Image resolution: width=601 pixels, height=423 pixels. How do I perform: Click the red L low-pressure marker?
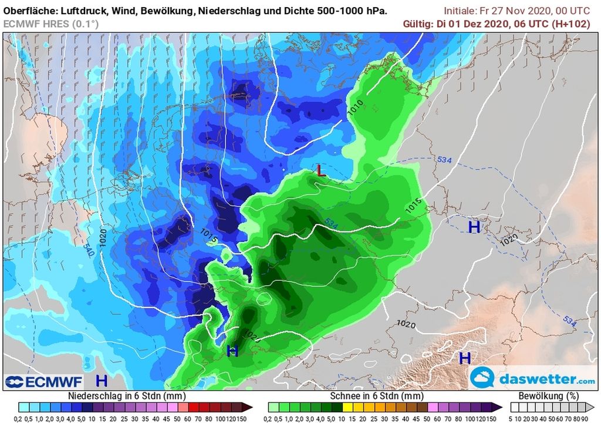coord(320,170)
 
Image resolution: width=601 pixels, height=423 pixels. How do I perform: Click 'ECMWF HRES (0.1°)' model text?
coord(51,23)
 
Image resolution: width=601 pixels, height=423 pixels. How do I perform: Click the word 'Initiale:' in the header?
coord(462,11)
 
